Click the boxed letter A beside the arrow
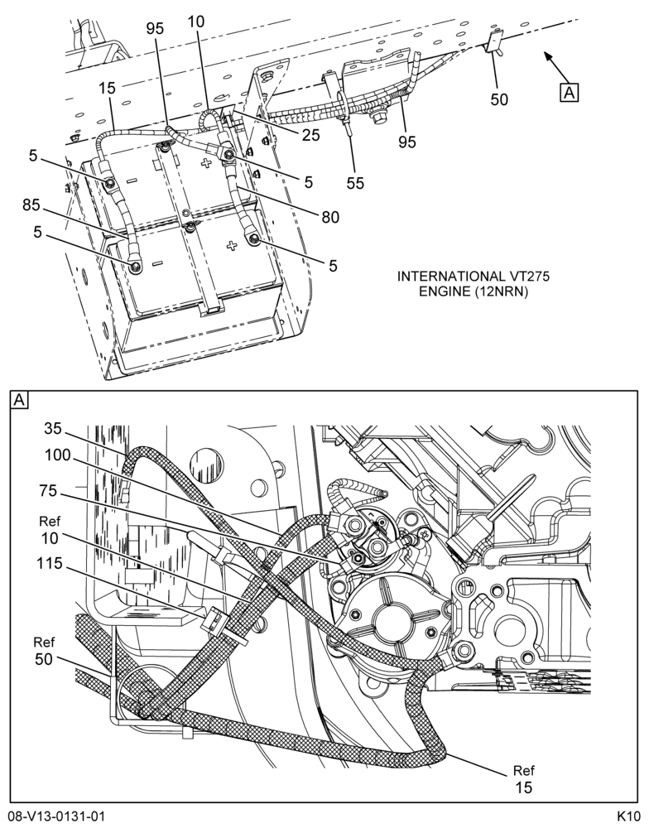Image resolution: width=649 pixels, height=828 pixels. (x=569, y=93)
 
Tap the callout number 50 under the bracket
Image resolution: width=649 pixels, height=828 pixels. (x=499, y=99)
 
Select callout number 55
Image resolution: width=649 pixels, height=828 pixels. (x=355, y=183)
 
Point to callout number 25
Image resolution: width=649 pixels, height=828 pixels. (x=311, y=135)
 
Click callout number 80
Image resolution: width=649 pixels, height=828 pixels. (x=330, y=216)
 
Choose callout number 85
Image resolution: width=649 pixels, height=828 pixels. (x=31, y=205)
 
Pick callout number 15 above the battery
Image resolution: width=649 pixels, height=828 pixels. (x=107, y=89)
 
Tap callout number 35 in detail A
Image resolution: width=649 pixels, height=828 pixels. (x=53, y=429)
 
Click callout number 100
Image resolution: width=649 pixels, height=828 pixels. (x=58, y=455)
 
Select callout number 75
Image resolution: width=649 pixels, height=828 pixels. (x=48, y=491)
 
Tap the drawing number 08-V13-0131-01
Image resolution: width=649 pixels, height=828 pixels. (x=56, y=816)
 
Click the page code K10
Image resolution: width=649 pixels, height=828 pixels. (x=628, y=816)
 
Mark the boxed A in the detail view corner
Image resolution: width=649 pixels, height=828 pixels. (x=20, y=400)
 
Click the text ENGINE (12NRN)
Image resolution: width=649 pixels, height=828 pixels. (x=474, y=291)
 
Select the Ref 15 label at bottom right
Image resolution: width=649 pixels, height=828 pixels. (x=523, y=779)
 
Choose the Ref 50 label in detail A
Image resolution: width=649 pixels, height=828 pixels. (x=45, y=651)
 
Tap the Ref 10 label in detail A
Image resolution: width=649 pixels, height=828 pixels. (x=50, y=530)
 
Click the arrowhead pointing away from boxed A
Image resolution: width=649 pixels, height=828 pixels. (x=547, y=56)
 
